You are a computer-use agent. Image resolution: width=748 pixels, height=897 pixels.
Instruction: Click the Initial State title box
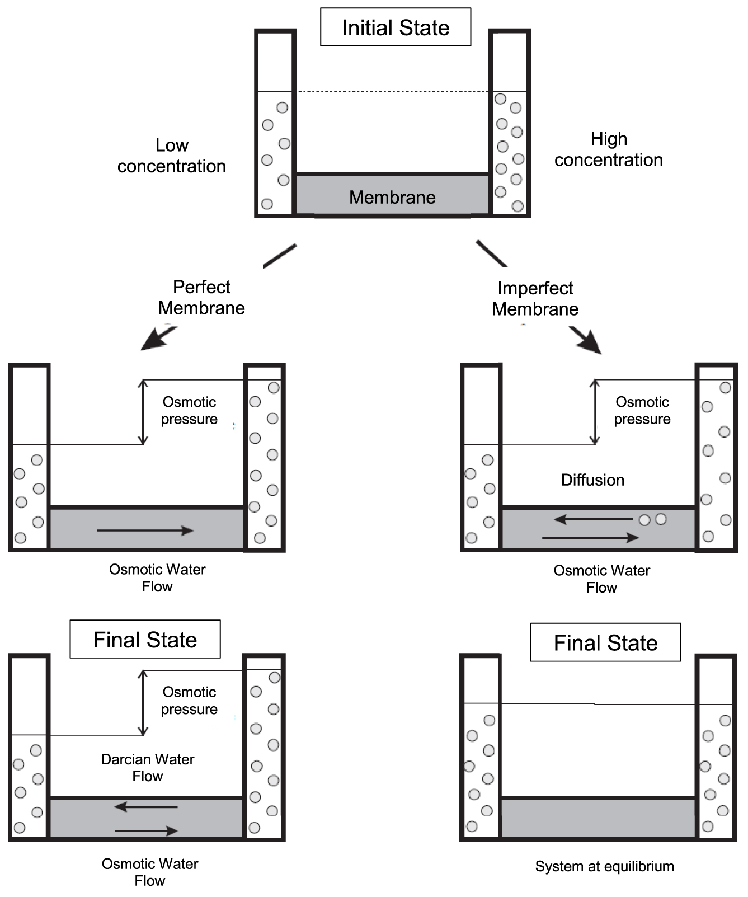coord(396,27)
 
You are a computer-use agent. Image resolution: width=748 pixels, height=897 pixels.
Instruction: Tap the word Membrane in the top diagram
coord(392,197)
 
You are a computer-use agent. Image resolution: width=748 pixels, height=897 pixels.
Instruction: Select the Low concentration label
coord(172,156)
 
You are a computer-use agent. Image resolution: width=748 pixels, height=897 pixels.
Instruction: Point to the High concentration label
coord(609,149)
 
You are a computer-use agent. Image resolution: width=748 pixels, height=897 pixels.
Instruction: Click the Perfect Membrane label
coord(201,297)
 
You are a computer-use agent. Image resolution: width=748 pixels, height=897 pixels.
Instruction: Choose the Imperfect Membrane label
coord(535,298)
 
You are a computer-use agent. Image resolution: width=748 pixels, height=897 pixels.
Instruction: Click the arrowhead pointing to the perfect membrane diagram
coord(154,340)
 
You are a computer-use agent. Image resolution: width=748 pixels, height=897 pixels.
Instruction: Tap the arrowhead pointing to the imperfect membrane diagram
coord(589,342)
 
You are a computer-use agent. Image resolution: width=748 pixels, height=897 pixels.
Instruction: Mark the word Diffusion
coord(592,480)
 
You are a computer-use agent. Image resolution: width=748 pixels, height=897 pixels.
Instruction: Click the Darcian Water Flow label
coord(148,768)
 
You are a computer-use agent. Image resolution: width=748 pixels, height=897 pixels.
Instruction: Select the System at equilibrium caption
coord(604,866)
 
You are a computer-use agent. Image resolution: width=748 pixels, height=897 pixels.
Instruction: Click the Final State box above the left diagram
coord(145,639)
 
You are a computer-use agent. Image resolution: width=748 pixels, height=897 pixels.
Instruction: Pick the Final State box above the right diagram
coord(605,642)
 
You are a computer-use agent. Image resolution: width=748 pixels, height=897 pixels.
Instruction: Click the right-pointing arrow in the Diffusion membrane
coord(590,538)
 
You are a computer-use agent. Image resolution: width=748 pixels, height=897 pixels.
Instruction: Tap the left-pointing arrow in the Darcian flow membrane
coord(145,807)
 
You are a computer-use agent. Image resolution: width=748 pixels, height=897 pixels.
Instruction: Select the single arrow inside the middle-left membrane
coord(145,530)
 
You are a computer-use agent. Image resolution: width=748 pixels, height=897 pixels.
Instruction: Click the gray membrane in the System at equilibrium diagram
coord(598,818)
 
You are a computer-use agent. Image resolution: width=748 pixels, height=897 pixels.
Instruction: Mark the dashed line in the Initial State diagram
coord(394,92)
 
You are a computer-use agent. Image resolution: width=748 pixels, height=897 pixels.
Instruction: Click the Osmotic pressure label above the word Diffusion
coord(642,410)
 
